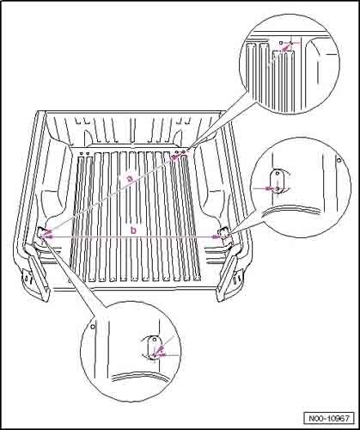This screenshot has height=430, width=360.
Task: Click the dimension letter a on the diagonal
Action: click(x=131, y=179)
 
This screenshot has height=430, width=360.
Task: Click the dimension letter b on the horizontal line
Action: click(x=133, y=230)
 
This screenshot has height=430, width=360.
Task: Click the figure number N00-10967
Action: click(x=329, y=418)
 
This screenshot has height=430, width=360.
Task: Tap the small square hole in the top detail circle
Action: click(x=281, y=43)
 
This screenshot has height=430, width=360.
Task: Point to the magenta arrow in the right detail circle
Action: click(x=269, y=188)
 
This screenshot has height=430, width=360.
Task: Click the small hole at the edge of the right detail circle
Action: click(x=339, y=160)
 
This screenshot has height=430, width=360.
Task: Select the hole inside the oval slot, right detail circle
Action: click(x=278, y=173)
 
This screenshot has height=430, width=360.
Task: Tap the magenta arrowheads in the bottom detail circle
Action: click(x=159, y=352)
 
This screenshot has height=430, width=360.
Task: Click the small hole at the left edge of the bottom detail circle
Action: click(x=92, y=326)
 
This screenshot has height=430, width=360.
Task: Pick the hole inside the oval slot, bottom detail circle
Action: click(x=155, y=339)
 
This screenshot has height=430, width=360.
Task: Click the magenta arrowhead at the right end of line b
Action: click(x=216, y=236)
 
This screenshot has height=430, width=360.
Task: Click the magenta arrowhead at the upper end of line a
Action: click(x=174, y=157)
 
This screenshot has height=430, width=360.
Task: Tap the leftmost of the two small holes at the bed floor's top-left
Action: click(x=82, y=153)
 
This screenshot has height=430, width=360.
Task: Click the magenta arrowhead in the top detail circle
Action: click(x=285, y=49)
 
